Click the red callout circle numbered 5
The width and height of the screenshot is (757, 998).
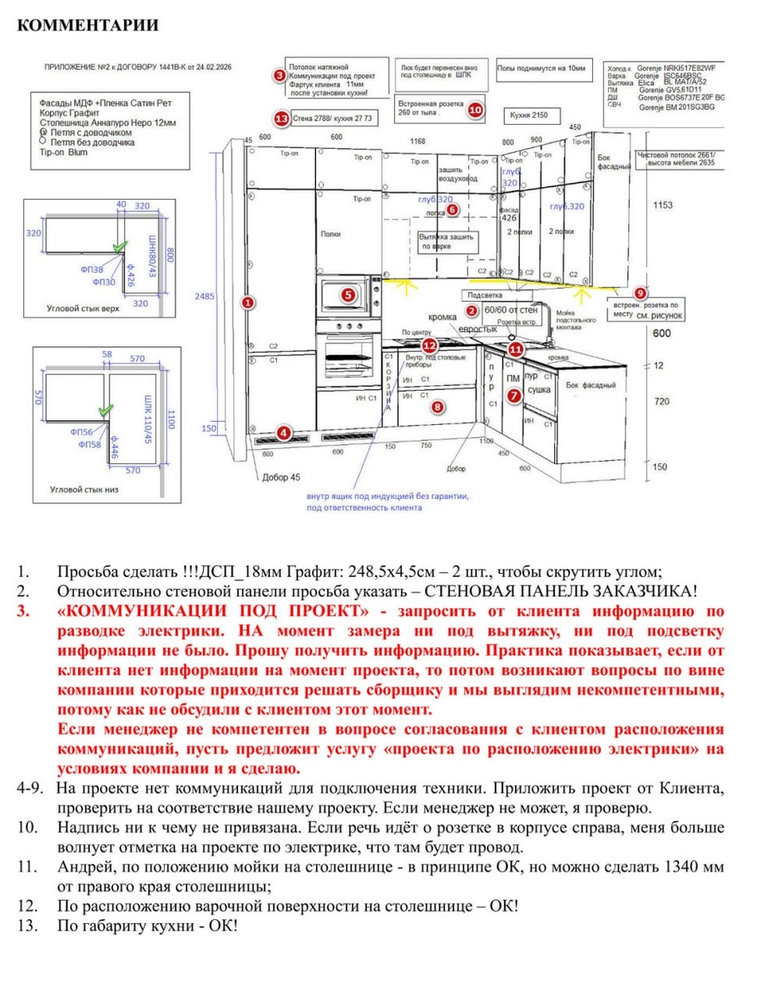coord(348,293)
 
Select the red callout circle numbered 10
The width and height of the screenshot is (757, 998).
coord(475,108)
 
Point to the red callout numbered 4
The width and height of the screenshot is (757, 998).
coord(284,432)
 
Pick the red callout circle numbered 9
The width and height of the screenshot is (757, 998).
coord(640,293)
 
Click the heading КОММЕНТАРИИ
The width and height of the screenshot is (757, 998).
coord(87,25)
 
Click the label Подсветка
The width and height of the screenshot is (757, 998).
coord(485,295)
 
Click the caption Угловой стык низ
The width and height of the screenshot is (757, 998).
coord(82,489)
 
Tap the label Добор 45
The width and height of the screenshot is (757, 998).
coord(280,477)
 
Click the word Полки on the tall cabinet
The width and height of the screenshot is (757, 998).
coord(330,235)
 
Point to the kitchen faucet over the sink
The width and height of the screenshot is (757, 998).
coord(546,331)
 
